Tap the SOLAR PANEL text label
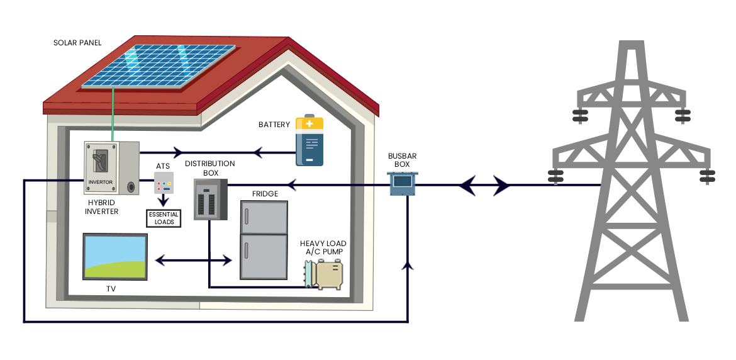click(77, 43)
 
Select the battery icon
click(309, 141)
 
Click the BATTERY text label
click(274, 125)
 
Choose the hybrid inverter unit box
click(111, 168)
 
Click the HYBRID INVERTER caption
click(101, 207)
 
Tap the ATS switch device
click(164, 183)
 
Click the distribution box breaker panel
click(209, 199)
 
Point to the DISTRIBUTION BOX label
click(209, 167)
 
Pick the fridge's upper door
click(264, 217)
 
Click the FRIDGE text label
click(265, 193)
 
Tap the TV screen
click(116, 256)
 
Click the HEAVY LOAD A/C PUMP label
click(323, 248)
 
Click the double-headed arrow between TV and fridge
click(193, 259)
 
